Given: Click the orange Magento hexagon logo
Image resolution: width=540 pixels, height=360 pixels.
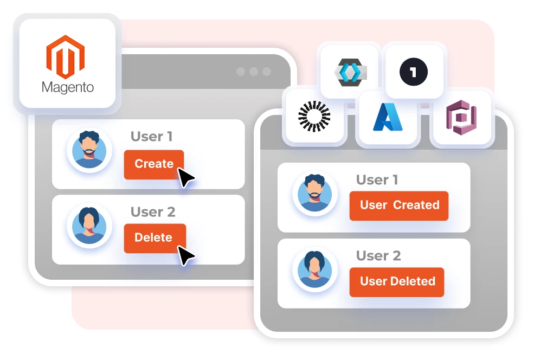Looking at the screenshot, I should [66, 56].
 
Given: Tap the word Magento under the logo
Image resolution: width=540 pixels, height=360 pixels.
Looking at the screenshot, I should [67, 87].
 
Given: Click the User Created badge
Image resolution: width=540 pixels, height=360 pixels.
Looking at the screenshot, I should [398, 205].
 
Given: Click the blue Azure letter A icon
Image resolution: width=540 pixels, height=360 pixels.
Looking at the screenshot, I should [388, 118].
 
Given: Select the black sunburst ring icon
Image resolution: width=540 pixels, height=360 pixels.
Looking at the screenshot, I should [314, 116].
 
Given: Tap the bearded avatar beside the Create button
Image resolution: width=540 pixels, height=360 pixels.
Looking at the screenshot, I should [89, 150].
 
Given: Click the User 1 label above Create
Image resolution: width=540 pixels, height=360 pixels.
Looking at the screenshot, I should [151, 137].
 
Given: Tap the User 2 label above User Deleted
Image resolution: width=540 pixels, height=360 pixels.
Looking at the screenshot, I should [378, 256].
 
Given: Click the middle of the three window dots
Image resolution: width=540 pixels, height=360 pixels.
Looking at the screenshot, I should [253, 72].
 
